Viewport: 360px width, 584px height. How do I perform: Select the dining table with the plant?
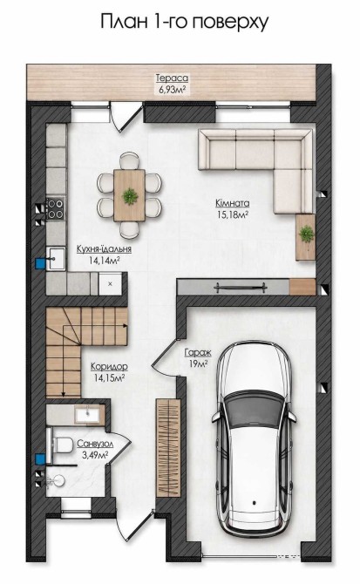coord(129,195)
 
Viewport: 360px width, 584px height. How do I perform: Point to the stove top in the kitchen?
coord(55,207)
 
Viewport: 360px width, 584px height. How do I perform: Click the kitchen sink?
coord(56,258)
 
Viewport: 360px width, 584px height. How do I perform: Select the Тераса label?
coord(172,78)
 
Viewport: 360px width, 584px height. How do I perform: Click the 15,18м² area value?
coord(233,214)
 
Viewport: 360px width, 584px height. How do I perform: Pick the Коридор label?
coord(109,366)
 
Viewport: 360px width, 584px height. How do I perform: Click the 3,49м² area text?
coord(95,454)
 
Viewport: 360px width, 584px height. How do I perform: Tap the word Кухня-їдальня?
coord(104,249)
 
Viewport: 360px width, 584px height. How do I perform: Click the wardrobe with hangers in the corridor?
coord(168,448)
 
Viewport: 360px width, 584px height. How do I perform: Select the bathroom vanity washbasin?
coord(88,414)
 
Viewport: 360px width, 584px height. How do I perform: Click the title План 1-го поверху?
coord(184,22)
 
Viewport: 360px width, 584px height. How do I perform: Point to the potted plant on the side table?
coord(306,234)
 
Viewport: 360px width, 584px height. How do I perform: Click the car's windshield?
coord(255,410)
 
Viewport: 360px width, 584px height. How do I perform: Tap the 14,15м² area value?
coord(109,378)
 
